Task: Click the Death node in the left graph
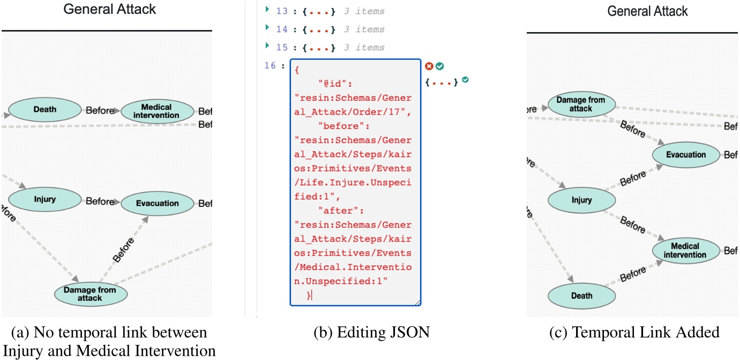click(x=45, y=110)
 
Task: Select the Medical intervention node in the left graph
click(x=158, y=111)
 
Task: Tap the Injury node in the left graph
click(x=45, y=199)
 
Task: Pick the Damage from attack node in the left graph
click(x=90, y=294)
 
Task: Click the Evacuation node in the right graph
click(x=686, y=155)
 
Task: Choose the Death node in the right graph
click(x=581, y=295)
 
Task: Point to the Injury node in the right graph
click(x=581, y=200)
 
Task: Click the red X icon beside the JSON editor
click(x=429, y=66)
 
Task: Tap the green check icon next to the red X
click(x=439, y=66)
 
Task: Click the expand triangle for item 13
click(x=267, y=11)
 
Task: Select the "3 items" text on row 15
click(x=364, y=48)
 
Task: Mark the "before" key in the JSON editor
click(x=338, y=126)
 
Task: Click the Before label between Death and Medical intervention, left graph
click(x=100, y=111)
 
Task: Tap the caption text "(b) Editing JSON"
click(x=371, y=333)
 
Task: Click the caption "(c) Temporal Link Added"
click(x=634, y=333)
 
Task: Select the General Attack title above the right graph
click(x=647, y=11)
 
